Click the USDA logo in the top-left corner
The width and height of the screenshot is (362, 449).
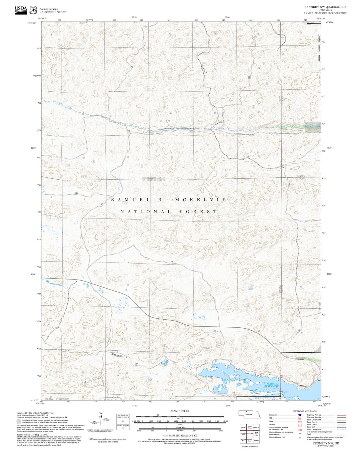point(21,10)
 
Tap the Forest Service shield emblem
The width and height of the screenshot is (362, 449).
point(33,10)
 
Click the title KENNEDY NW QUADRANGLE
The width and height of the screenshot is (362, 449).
point(325,7)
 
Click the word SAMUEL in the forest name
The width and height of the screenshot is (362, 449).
point(130,200)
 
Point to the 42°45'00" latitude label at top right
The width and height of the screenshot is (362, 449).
point(330,23)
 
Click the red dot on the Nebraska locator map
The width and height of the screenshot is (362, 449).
point(247,411)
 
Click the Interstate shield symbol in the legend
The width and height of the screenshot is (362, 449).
point(300,415)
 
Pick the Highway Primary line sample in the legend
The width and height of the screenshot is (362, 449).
point(342,415)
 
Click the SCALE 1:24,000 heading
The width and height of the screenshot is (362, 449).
point(180,411)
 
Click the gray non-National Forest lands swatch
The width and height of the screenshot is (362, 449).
point(19,421)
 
